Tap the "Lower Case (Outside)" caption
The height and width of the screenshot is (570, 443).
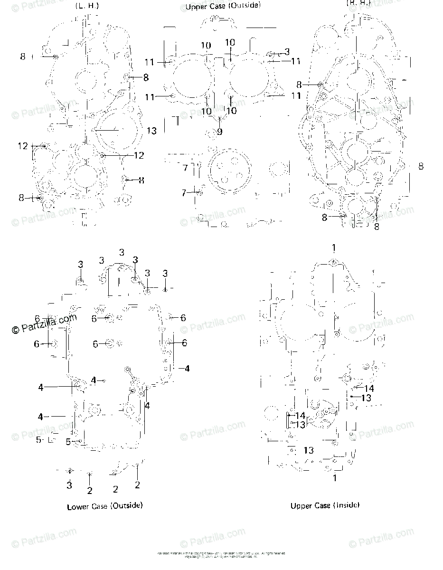(x=104, y=506)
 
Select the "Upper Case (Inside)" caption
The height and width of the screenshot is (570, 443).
(x=325, y=506)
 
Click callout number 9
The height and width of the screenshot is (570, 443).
(x=219, y=132)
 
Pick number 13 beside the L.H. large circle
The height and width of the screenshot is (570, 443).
(x=151, y=131)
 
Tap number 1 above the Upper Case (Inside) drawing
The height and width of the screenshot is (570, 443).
(x=334, y=248)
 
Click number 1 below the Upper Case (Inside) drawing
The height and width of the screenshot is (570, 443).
(x=334, y=478)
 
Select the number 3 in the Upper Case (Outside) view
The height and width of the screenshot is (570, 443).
(x=287, y=51)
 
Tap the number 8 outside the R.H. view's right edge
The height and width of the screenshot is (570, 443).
(x=421, y=166)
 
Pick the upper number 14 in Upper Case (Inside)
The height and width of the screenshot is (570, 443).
(x=369, y=388)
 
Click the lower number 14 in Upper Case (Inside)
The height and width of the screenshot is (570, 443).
(x=300, y=416)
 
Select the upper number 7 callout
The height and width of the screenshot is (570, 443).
(x=185, y=168)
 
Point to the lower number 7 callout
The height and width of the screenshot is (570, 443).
(x=184, y=193)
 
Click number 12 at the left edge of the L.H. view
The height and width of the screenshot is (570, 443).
(x=23, y=146)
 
